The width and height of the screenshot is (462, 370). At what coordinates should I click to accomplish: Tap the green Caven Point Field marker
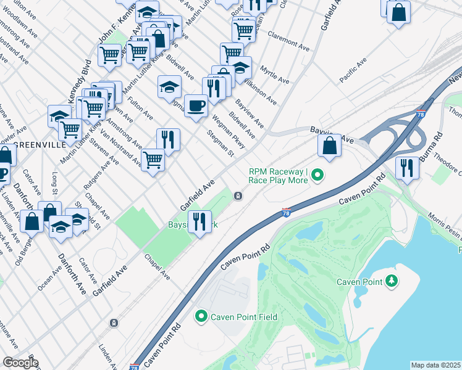pyautogui.click(x=201, y=318)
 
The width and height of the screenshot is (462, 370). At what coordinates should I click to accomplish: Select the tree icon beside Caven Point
pyautogui.click(x=390, y=282)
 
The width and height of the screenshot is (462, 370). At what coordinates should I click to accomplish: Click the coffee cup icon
pyautogui.click(x=196, y=106)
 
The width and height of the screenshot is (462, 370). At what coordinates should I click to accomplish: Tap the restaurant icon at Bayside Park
pyautogui.click(x=198, y=222)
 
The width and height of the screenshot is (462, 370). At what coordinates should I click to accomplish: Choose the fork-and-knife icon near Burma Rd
pyautogui.click(x=406, y=167)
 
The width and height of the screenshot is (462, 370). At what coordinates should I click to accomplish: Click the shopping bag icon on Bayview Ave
pyautogui.click(x=330, y=147)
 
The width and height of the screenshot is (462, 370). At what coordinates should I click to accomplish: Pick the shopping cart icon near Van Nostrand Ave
pyautogui.click(x=153, y=161)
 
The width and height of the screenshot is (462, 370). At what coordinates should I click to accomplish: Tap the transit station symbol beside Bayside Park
pyautogui.click(x=238, y=196)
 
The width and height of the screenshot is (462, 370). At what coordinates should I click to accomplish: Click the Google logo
pyautogui.click(x=20, y=363)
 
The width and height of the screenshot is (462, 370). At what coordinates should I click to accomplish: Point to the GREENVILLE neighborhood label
pyautogui.click(x=38, y=145)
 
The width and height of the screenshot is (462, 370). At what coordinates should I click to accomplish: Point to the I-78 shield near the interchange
pyautogui.click(x=421, y=113)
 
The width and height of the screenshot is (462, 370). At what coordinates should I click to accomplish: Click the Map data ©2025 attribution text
pyautogui.click(x=435, y=365)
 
